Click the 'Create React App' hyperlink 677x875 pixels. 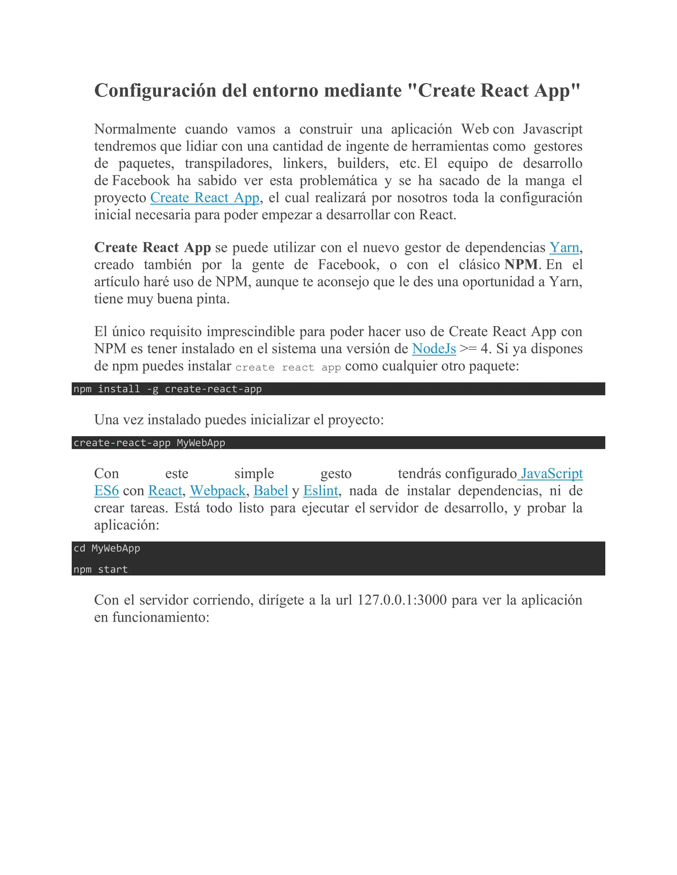(x=205, y=198)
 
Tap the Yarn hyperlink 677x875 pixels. (x=564, y=248)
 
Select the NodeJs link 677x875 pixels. (x=434, y=349)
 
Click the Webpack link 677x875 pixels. (x=218, y=491)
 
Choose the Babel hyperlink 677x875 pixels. (x=271, y=491)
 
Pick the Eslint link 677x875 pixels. (x=320, y=491)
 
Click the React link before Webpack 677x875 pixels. (x=165, y=491)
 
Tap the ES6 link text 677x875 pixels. (x=107, y=491)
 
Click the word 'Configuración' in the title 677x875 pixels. (x=154, y=90)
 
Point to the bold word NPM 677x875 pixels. (x=521, y=265)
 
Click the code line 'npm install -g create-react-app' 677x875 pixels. (x=168, y=389)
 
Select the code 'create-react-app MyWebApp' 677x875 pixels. (x=149, y=443)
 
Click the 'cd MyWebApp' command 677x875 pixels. (x=107, y=548)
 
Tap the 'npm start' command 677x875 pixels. (x=100, y=569)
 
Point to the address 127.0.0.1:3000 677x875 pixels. (x=402, y=600)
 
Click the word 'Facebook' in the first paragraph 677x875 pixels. (x=141, y=181)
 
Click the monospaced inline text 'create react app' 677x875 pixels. (x=288, y=367)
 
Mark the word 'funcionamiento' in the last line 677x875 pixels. (x=160, y=617)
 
